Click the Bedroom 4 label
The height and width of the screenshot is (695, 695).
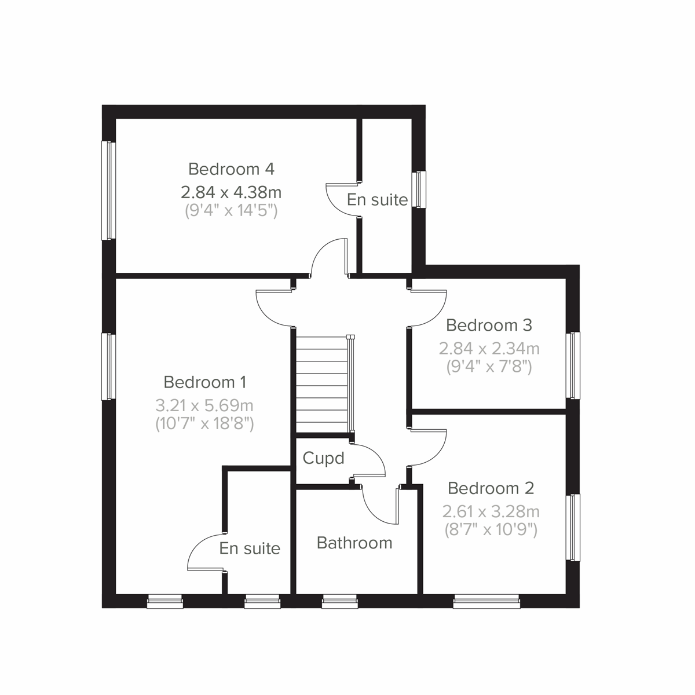[231, 169]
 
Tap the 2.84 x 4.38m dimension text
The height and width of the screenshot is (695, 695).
[231, 191]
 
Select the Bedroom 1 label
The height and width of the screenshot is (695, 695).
[205, 382]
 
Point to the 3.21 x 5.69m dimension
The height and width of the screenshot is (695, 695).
[204, 405]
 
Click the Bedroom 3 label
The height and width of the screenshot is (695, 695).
[489, 325]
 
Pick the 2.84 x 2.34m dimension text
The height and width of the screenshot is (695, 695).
[489, 348]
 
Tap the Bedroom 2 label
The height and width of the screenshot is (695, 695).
[491, 488]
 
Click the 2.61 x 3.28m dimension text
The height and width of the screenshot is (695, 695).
[491, 511]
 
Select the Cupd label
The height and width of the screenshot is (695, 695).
[323, 459]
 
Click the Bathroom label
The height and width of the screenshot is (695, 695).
[354, 543]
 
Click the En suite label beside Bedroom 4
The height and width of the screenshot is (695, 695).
[377, 200]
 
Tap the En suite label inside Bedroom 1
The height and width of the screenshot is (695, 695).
[250, 548]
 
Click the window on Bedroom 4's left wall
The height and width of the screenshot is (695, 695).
[108, 191]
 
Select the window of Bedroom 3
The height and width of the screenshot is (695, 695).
[573, 365]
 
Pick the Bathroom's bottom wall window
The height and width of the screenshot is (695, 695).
[340, 603]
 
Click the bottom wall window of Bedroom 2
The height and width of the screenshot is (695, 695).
[487, 603]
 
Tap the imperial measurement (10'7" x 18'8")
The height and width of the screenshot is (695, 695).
[204, 423]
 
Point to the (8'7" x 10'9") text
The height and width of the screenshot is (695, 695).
[491, 529]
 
